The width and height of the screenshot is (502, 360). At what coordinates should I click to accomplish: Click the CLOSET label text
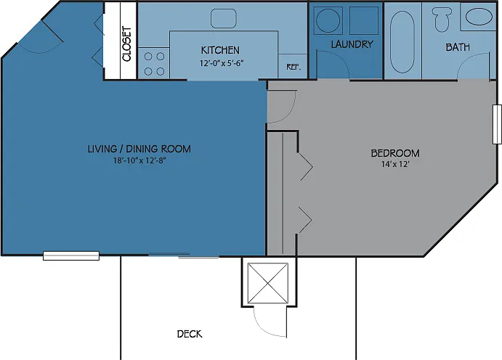[x=127, y=44]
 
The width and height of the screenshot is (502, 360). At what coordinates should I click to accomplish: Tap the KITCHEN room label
[x=220, y=50]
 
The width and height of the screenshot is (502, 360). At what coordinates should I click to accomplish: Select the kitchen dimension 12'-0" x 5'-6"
[x=222, y=63]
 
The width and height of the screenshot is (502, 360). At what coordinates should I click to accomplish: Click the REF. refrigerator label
[x=293, y=67]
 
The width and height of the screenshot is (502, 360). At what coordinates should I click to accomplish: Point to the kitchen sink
[x=224, y=18]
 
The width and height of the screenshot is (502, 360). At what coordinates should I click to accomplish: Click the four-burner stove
[x=154, y=64]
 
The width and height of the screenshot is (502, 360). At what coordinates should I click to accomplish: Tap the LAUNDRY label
[x=352, y=44]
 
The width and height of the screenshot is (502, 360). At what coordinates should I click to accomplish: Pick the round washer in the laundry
[x=328, y=20]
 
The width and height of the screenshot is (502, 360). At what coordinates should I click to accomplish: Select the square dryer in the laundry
[x=364, y=20]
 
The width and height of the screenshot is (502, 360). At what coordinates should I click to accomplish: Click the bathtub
[x=402, y=42]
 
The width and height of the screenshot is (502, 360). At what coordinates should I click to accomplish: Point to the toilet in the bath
[x=442, y=19]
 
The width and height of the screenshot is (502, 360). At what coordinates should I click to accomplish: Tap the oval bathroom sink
[x=479, y=17]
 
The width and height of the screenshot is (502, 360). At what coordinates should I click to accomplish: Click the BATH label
[x=458, y=47]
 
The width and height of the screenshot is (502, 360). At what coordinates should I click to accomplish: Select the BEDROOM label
[x=395, y=153]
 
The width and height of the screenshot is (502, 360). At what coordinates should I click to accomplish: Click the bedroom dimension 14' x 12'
[x=395, y=164]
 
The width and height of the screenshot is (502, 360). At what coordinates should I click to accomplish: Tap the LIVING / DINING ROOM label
[x=139, y=149]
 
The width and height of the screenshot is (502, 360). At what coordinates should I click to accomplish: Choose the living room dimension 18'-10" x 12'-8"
[x=139, y=160]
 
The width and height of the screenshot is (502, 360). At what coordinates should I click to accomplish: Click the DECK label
[x=190, y=334]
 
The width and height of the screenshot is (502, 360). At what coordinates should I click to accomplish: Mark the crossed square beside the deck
[x=268, y=283]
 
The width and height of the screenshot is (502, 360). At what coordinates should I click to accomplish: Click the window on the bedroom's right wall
[x=497, y=124]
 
